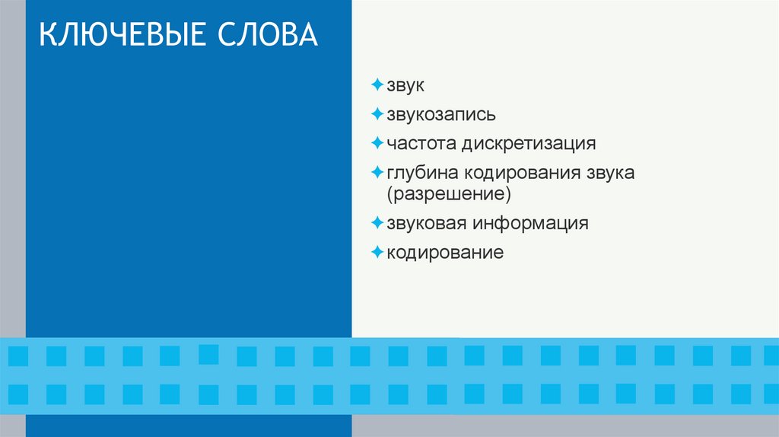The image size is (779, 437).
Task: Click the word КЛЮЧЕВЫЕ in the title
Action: click(122, 37)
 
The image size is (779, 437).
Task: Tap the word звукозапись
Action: click(441, 115)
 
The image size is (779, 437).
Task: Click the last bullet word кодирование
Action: click(445, 252)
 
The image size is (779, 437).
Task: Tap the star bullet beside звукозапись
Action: click(377, 114)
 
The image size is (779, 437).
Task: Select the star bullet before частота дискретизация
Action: click(377, 142)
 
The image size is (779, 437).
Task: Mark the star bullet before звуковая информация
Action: click(377, 223)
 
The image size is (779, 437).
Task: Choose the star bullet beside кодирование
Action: click(377, 251)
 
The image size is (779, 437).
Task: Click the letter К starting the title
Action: click(48, 37)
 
